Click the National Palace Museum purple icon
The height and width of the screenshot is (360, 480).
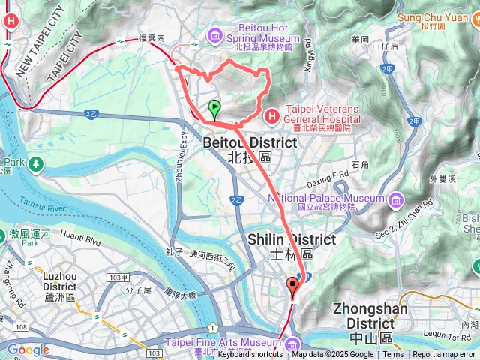point(395,199)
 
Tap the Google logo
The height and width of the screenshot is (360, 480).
point(28,349)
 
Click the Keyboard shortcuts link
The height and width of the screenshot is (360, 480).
point(250,355)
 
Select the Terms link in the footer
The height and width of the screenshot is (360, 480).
point(393,355)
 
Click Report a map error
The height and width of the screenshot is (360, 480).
point(444,355)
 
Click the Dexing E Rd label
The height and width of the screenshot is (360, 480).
point(328,178)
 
